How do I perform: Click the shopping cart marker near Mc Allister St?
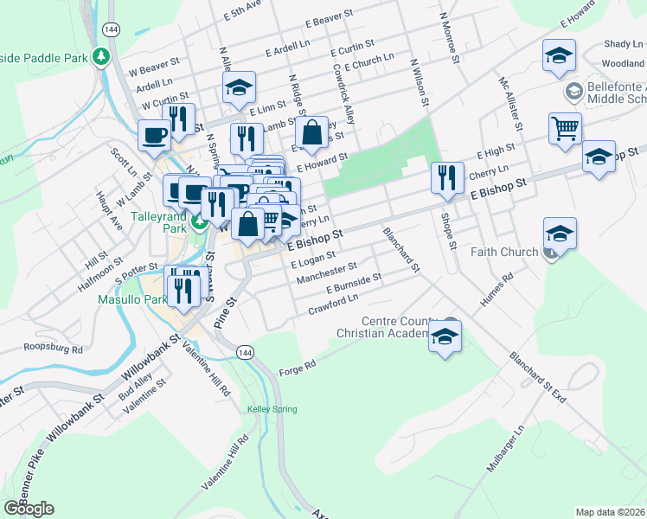[x=564, y=128]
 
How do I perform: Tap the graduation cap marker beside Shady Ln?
[x=559, y=55]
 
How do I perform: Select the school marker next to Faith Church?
[x=560, y=233]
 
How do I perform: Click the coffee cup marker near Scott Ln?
[x=155, y=135]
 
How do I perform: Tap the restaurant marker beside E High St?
[x=445, y=177]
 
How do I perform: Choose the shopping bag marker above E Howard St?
[x=311, y=132]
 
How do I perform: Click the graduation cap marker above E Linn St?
[x=239, y=86]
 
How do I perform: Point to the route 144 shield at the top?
[x=110, y=29]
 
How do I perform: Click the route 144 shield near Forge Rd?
[x=245, y=352]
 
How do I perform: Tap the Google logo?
[x=29, y=509]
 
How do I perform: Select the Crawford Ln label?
[x=333, y=304]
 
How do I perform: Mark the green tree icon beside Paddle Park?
[x=102, y=56]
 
